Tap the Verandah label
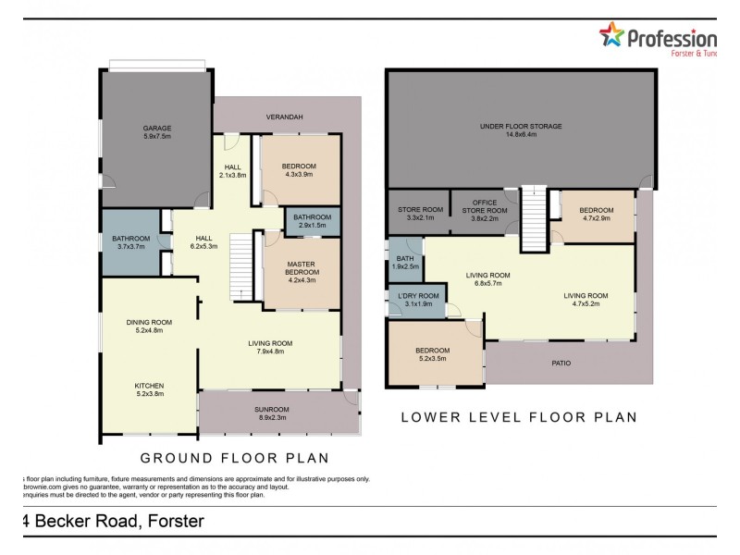tap(284, 117)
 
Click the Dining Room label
tap(149, 326)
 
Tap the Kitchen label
tap(149, 388)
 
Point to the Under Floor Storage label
tap(520, 129)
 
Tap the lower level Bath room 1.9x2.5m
tap(404, 262)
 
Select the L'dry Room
tap(415, 301)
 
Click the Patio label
tap(561, 363)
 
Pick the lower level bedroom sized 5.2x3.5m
tap(432, 354)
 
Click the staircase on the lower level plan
tap(534, 218)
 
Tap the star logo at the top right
tap(611, 36)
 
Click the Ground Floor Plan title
tap(234, 458)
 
